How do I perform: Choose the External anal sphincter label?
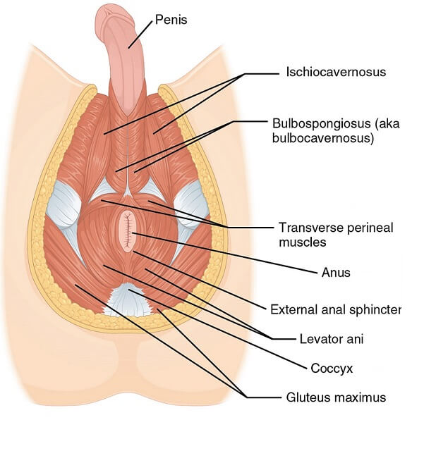(335, 309)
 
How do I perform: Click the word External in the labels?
(291, 309)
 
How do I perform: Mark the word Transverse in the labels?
(305, 228)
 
